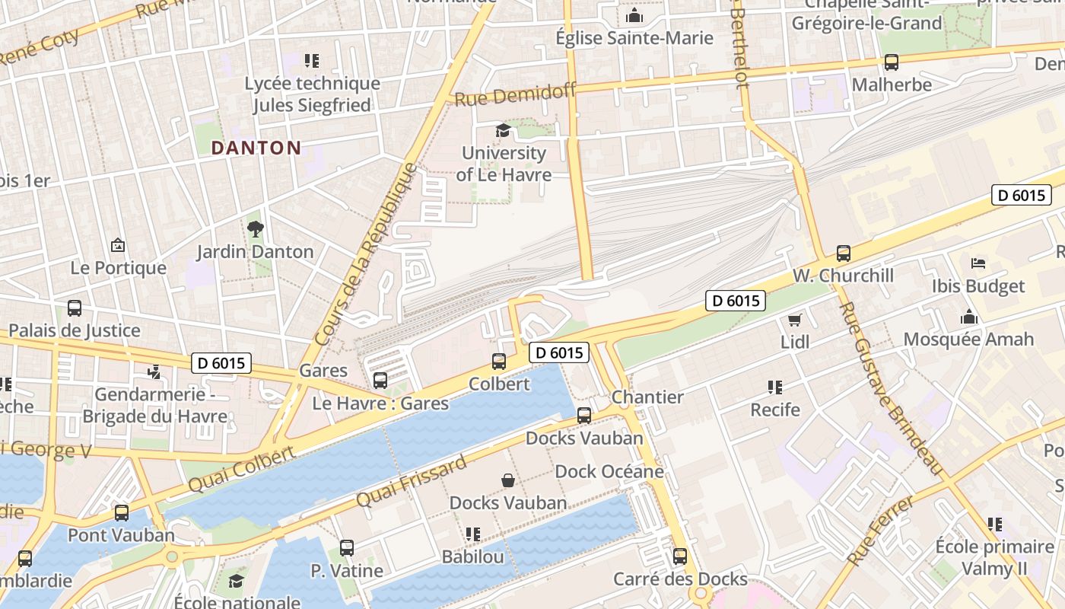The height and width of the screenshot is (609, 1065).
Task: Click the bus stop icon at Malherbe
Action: (891, 62)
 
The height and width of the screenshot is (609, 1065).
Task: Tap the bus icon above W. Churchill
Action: (843, 253)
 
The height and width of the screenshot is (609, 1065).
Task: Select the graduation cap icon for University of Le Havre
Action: (503, 131)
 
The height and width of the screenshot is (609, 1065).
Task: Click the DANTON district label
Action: (256, 148)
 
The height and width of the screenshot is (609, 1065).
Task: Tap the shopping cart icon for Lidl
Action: (795, 320)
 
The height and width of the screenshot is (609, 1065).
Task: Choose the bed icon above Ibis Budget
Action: (978, 264)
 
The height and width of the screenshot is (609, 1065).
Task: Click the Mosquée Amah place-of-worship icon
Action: (968, 317)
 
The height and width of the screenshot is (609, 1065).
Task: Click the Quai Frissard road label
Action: (411, 482)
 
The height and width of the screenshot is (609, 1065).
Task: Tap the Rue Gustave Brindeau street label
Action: (892, 388)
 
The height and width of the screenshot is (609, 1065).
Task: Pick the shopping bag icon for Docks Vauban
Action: (507, 480)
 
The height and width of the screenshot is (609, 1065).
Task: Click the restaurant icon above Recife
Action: (775, 387)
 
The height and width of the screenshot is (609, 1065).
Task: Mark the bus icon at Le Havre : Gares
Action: (380, 381)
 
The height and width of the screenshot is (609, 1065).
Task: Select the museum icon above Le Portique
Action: (118, 245)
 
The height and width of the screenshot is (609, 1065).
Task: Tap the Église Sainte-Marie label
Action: (634, 38)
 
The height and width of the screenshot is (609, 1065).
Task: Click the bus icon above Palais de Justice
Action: (74, 308)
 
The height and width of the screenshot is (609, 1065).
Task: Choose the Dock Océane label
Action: (609, 471)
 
